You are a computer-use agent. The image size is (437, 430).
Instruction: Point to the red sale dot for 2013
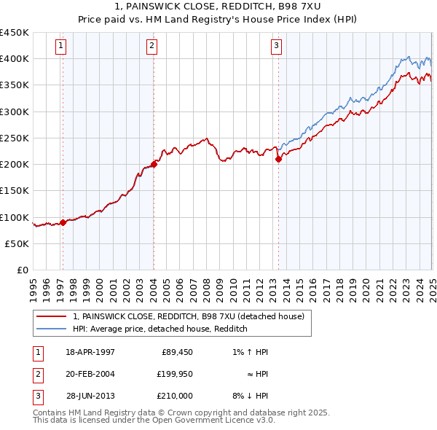tap(278, 160)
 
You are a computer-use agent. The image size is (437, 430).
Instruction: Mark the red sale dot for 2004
tap(154, 164)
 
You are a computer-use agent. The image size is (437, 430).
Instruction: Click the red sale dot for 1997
tap(63, 222)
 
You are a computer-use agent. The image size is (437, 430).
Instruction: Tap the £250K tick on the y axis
tap(15, 138)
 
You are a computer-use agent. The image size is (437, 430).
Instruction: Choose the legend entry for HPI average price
tap(160, 329)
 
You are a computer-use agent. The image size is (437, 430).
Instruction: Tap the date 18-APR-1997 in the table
tap(90, 352)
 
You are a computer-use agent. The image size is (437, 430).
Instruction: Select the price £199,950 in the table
tap(175, 374)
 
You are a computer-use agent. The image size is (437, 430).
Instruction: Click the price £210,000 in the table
tap(175, 396)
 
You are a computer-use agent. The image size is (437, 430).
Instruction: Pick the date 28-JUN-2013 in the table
tap(90, 396)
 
